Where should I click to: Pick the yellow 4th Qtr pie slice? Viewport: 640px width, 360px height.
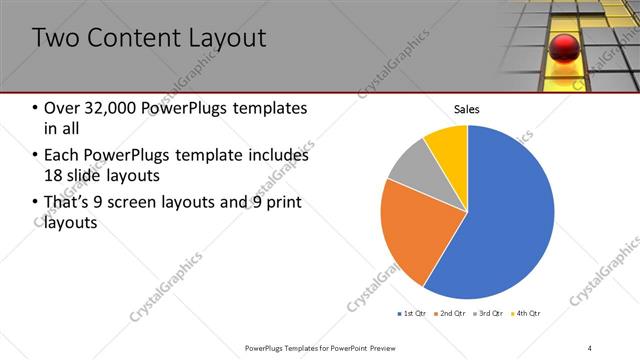tap(447, 145)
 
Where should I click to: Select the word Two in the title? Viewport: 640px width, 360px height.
tap(54, 39)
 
